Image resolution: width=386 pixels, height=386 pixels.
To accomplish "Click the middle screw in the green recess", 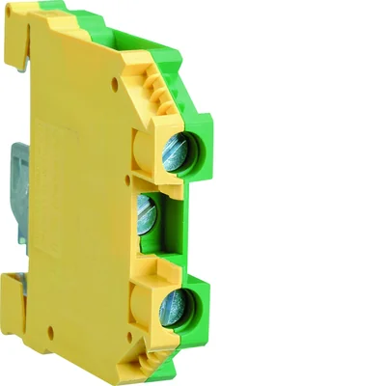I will tap(148, 206).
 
